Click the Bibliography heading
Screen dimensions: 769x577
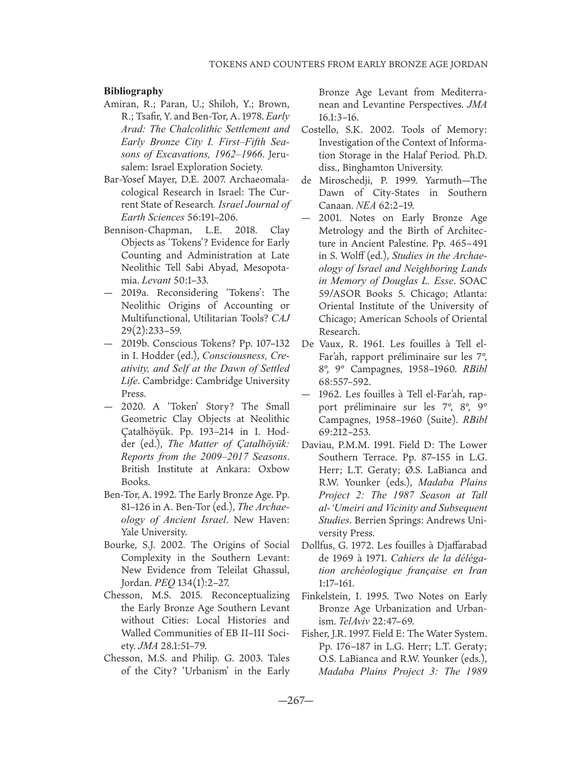pyautogui.click(x=133, y=91)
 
